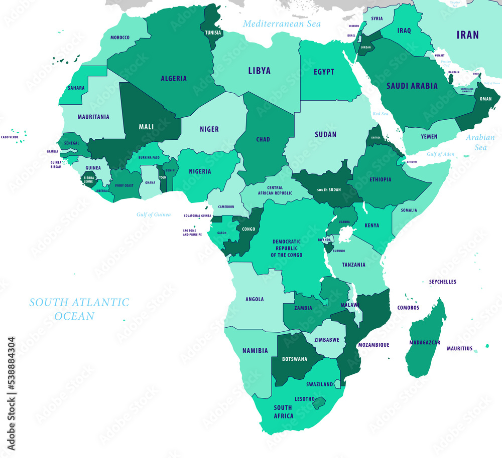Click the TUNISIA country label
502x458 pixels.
[x=213, y=33]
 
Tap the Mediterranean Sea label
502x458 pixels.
[x=282, y=24]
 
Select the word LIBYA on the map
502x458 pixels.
[x=259, y=71]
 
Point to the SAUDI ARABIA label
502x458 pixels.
[x=412, y=86]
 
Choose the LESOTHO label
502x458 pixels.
[x=305, y=399]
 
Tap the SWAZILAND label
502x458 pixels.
[x=320, y=384]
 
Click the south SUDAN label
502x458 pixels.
[x=329, y=190]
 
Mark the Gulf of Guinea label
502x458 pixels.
[x=154, y=214]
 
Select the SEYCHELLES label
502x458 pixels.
[x=442, y=282]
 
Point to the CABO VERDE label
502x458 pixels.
[x=10, y=137]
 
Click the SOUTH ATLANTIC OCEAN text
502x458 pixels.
[x=79, y=309]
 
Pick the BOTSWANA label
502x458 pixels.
[x=294, y=359]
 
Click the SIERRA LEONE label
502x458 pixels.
[x=88, y=179]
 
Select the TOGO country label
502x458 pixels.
[x=162, y=177]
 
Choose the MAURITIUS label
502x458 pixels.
[x=459, y=348]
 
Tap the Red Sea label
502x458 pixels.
[x=381, y=114]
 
